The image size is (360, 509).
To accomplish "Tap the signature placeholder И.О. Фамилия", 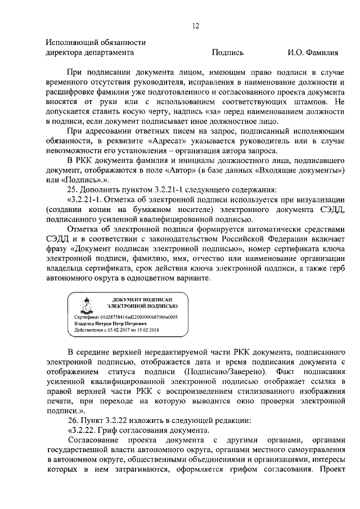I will click(313, 53).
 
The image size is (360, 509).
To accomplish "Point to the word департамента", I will click(109, 53).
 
